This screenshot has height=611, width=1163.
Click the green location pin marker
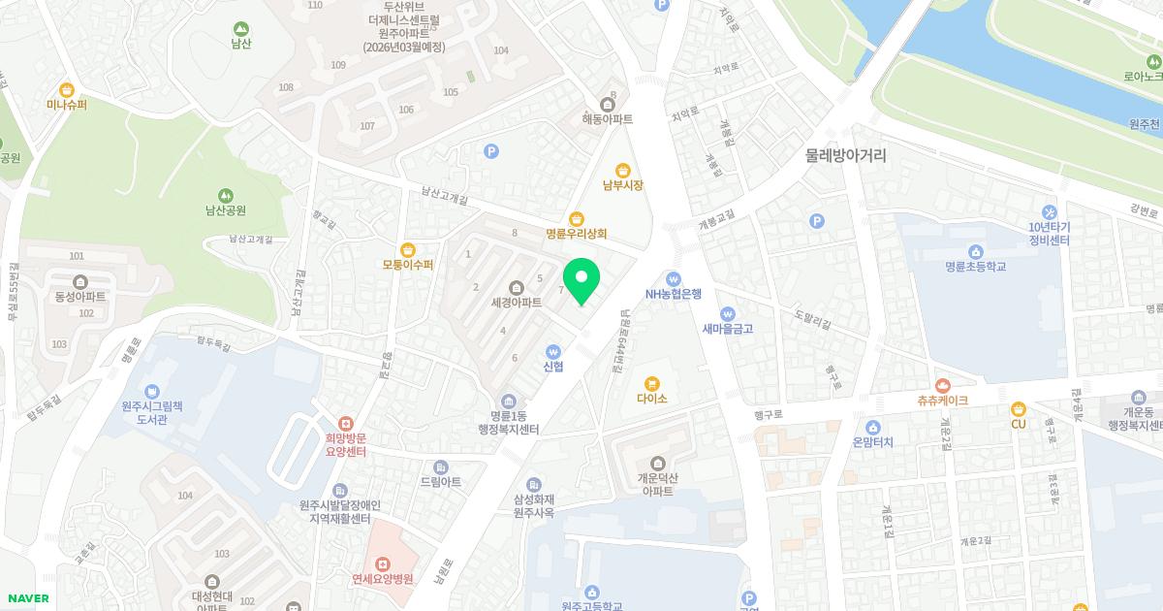pyautogui.click(x=581, y=279)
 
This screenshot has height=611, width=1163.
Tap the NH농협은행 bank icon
pyautogui.click(x=674, y=279)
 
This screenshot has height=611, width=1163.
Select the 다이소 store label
pyautogui.click(x=651, y=398)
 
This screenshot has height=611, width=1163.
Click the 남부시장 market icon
pyautogui.click(x=623, y=169)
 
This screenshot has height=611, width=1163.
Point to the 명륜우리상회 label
pyautogui.click(x=576, y=234)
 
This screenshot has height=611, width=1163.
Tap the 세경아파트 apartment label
pyautogui.click(x=516, y=302)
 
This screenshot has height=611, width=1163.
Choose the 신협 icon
pyautogui.click(x=553, y=351)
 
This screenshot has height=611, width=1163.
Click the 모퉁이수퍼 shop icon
pyautogui.click(x=407, y=249)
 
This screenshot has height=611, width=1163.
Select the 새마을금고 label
pyautogui.click(x=728, y=329)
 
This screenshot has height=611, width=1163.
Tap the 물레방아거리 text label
pyautogui.click(x=845, y=155)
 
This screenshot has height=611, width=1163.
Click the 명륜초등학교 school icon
pyautogui.click(x=976, y=250)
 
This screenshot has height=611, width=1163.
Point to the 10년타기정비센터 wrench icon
pyautogui.click(x=1049, y=211)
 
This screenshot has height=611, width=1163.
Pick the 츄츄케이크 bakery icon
pyautogui.click(x=942, y=385)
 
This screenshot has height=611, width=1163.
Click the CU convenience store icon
pyautogui.click(x=1018, y=408)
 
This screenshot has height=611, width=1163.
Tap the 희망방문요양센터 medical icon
pyautogui.click(x=344, y=424)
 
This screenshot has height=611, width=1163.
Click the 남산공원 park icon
pyautogui.click(x=225, y=195)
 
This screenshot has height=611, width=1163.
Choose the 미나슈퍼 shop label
pyautogui.click(x=67, y=104)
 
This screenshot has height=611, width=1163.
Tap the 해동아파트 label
pyautogui.click(x=607, y=119)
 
